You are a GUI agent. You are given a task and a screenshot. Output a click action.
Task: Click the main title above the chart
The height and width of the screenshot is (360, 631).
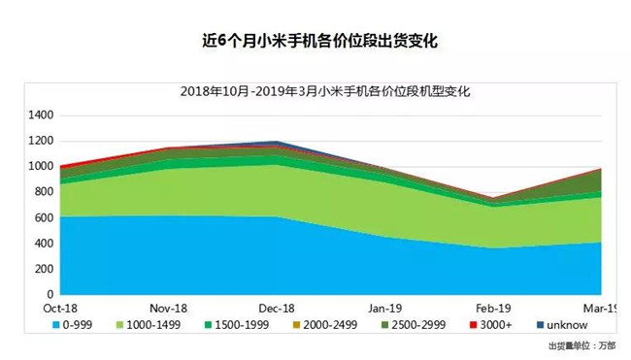316,41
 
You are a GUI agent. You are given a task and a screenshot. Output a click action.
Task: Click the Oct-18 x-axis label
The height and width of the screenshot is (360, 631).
60,308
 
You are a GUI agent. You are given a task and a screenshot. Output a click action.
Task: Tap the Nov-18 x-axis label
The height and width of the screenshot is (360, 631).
169,308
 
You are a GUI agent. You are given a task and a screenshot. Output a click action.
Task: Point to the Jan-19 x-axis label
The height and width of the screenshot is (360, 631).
385,308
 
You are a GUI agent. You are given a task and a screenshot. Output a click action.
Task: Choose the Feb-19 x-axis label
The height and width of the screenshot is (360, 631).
493,308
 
